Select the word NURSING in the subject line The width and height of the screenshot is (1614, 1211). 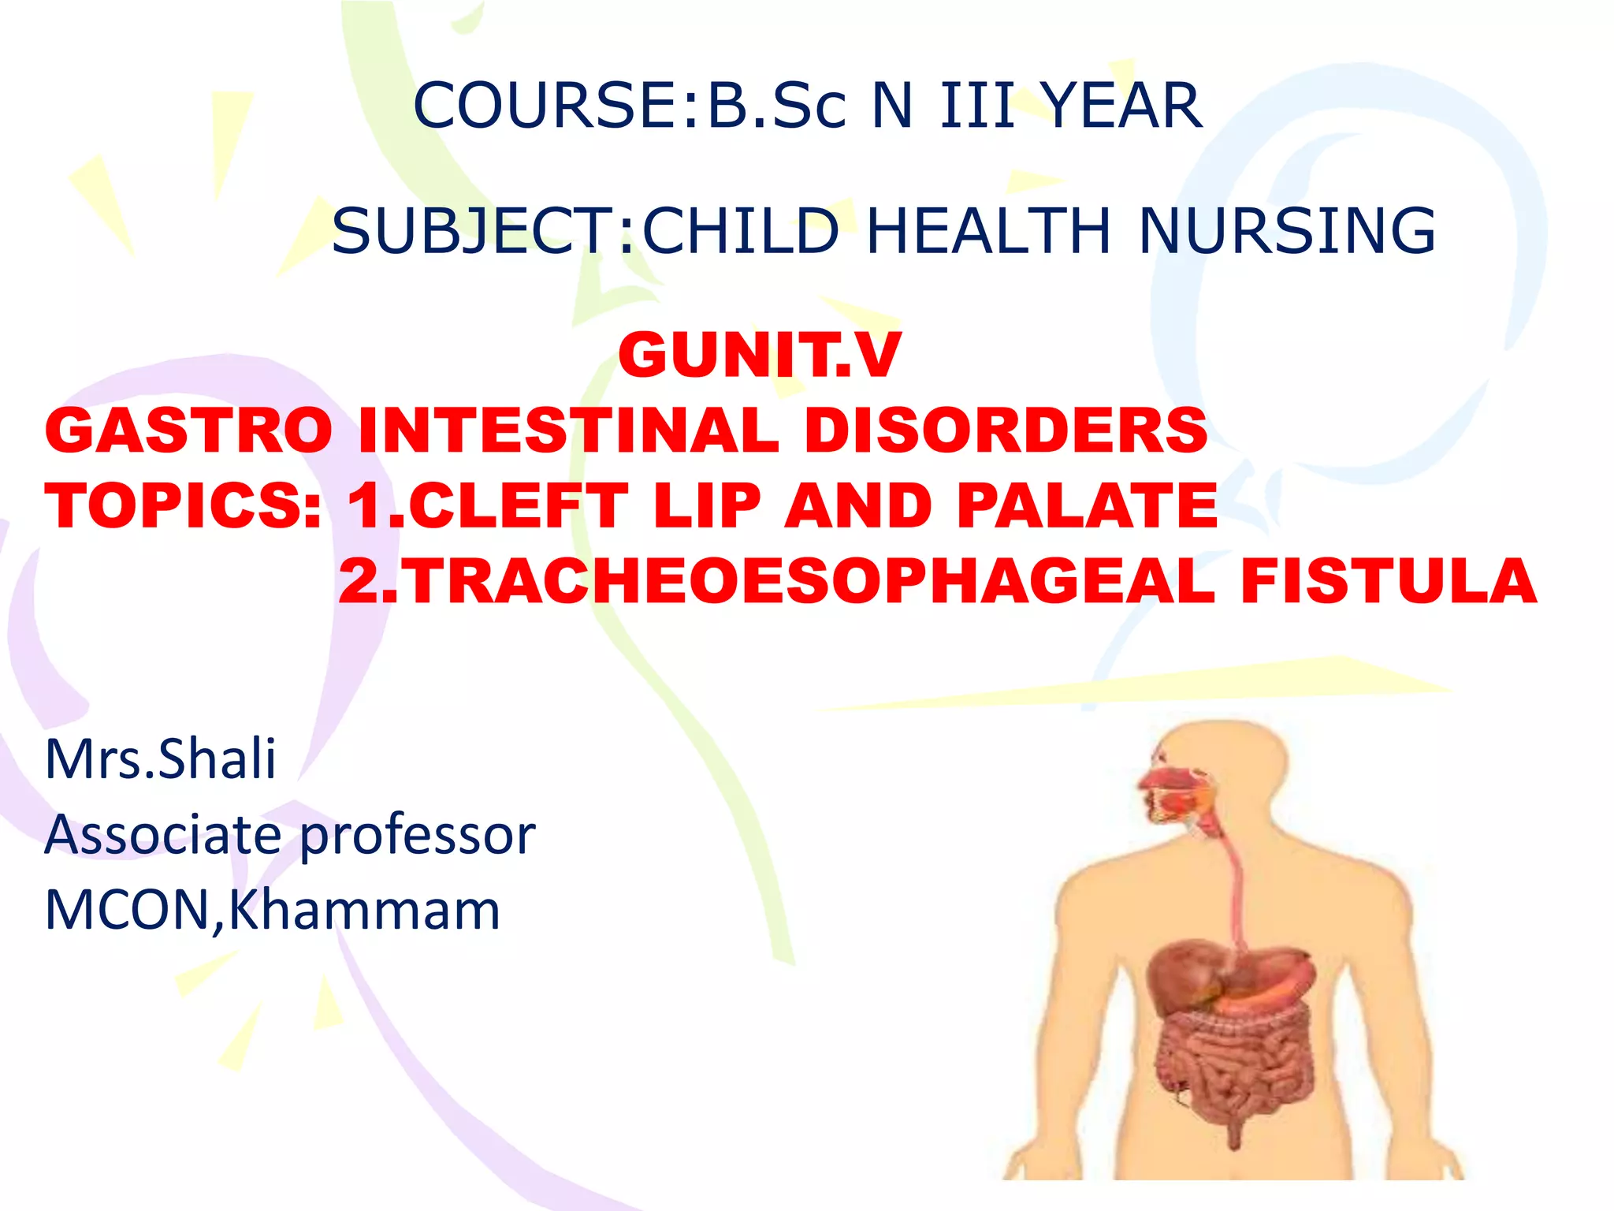coord(1287,230)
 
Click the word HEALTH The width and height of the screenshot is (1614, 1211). coord(988,230)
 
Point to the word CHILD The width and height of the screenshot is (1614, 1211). coord(741,230)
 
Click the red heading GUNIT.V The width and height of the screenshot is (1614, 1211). coord(759,355)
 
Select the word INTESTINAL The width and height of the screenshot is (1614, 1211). coord(567,430)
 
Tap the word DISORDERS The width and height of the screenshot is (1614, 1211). coord(1006,430)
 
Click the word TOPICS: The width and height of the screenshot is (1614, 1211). coord(183,505)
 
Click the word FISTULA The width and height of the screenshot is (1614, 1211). coord(1389,581)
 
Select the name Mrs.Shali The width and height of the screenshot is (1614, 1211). coord(161,758)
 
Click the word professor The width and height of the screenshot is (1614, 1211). coord(418,836)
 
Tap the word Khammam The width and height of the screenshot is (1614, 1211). coord(364,911)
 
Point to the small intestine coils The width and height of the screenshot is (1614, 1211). coord(1229,1072)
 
